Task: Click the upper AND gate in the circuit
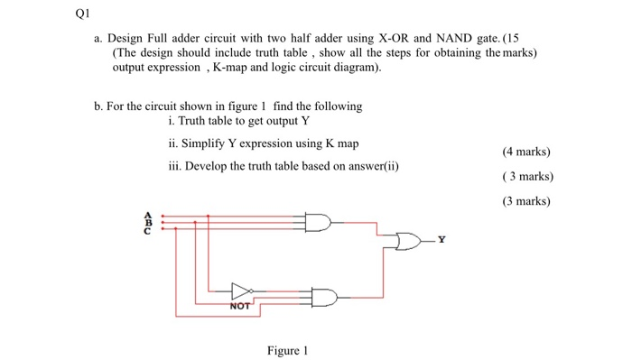click(319, 222)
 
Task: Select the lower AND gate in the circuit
click(323, 296)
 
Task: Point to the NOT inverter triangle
click(240, 291)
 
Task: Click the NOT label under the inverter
click(240, 308)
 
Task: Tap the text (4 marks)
click(526, 152)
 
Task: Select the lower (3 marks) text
click(526, 201)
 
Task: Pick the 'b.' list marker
click(98, 106)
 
